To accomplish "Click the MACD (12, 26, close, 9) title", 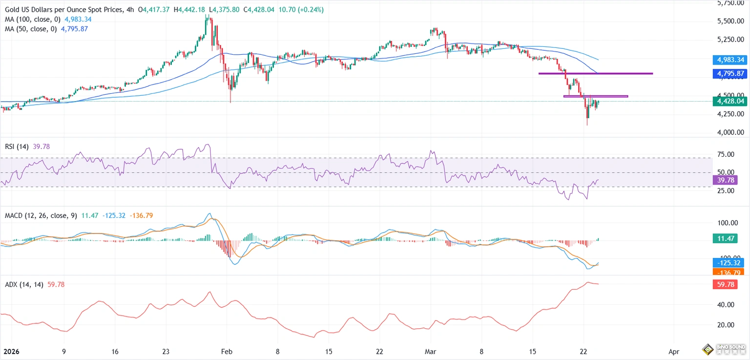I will (x=41, y=215).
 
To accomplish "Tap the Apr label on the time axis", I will (x=674, y=351).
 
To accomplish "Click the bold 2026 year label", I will (x=11, y=351).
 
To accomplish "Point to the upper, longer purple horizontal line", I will (x=595, y=73).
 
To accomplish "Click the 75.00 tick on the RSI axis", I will (x=724, y=154).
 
